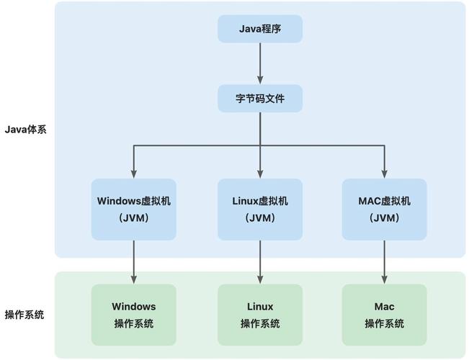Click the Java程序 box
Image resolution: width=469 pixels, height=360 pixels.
click(260, 30)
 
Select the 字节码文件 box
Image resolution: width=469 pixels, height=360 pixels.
click(260, 99)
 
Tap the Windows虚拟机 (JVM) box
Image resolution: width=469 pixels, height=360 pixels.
click(134, 209)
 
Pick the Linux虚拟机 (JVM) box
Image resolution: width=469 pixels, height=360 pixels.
click(260, 209)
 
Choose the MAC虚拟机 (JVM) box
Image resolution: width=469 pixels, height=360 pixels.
click(384, 209)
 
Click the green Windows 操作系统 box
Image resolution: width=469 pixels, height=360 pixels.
click(134, 314)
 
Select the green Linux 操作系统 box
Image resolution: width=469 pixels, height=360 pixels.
click(260, 314)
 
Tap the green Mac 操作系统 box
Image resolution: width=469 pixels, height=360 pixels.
click(384, 314)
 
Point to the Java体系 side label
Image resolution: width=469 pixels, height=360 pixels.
click(25, 130)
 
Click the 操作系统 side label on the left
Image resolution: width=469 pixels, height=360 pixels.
click(24, 315)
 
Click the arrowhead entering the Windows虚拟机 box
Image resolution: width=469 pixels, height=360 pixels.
click(134, 174)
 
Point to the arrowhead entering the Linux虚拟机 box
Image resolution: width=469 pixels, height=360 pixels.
click(260, 174)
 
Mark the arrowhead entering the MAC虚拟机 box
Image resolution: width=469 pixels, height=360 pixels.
click(384, 174)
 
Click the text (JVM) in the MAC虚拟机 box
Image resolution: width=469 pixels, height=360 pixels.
click(384, 217)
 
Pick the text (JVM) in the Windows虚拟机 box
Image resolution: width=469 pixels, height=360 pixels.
click(134, 217)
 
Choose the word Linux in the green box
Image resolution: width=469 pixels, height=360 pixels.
click(260, 306)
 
